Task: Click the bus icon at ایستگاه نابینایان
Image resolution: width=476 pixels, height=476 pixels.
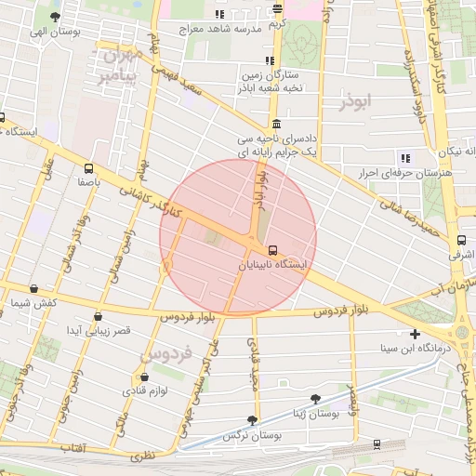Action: pyautogui.click(x=273, y=249)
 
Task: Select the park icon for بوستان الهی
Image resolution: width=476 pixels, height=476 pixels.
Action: pyautogui.click(x=56, y=16)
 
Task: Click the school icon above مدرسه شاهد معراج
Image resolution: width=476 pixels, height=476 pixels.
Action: pyautogui.click(x=220, y=14)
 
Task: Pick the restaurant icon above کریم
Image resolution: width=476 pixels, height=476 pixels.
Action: pyautogui.click(x=278, y=9)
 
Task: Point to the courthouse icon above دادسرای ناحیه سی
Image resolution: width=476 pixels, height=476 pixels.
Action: pyautogui.click(x=276, y=125)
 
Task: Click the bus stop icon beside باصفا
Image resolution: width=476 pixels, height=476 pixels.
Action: pyautogui.click(x=88, y=169)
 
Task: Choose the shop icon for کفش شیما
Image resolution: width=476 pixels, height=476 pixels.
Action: pyautogui.click(x=34, y=289)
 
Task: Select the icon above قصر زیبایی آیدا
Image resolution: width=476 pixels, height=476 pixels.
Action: pyautogui.click(x=99, y=316)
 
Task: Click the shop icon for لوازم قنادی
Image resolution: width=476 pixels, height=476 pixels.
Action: pyautogui.click(x=144, y=377)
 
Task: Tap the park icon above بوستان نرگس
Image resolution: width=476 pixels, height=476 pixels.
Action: pyautogui.click(x=252, y=420)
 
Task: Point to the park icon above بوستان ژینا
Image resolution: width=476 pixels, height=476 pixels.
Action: pyautogui.click(x=315, y=398)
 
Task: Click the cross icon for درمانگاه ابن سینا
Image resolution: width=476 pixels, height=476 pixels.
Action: pyautogui.click(x=415, y=334)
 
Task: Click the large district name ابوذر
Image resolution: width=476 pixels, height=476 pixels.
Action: pyautogui.click(x=355, y=101)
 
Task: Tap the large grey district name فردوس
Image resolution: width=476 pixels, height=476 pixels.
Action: pyautogui.click(x=165, y=353)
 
